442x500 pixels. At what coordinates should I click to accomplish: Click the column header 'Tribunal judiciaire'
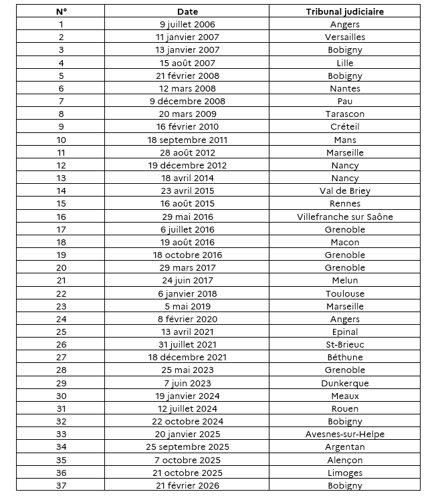[x=344, y=11]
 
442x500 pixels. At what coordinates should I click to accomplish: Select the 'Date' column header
[x=187, y=11]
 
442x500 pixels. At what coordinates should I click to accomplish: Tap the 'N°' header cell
[x=61, y=11]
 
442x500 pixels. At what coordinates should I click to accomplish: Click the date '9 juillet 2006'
[x=187, y=25]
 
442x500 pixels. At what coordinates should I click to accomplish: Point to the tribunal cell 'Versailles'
[x=344, y=37]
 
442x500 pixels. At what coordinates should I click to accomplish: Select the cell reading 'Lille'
[x=344, y=63]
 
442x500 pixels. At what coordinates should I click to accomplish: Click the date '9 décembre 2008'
[x=187, y=102]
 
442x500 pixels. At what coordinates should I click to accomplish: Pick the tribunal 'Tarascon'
[x=344, y=114]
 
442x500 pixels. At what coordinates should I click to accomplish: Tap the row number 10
[x=61, y=140]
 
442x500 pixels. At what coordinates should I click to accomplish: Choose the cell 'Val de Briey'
[x=344, y=191]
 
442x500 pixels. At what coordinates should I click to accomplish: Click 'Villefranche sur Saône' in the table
[x=344, y=217]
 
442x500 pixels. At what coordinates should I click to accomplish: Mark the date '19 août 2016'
[x=187, y=243]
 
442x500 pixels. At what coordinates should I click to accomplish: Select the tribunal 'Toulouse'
[x=344, y=293]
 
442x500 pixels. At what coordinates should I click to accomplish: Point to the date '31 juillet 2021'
[x=187, y=345]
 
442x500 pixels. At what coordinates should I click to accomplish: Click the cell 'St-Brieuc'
[x=344, y=345]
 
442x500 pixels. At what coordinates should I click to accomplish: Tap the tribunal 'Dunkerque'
[x=344, y=384]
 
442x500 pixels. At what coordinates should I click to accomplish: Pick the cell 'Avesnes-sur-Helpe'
[x=344, y=434]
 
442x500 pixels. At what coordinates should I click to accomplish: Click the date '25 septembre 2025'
[x=187, y=447]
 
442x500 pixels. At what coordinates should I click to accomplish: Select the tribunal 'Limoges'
[x=344, y=473]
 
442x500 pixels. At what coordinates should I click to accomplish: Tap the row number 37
[x=61, y=486]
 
